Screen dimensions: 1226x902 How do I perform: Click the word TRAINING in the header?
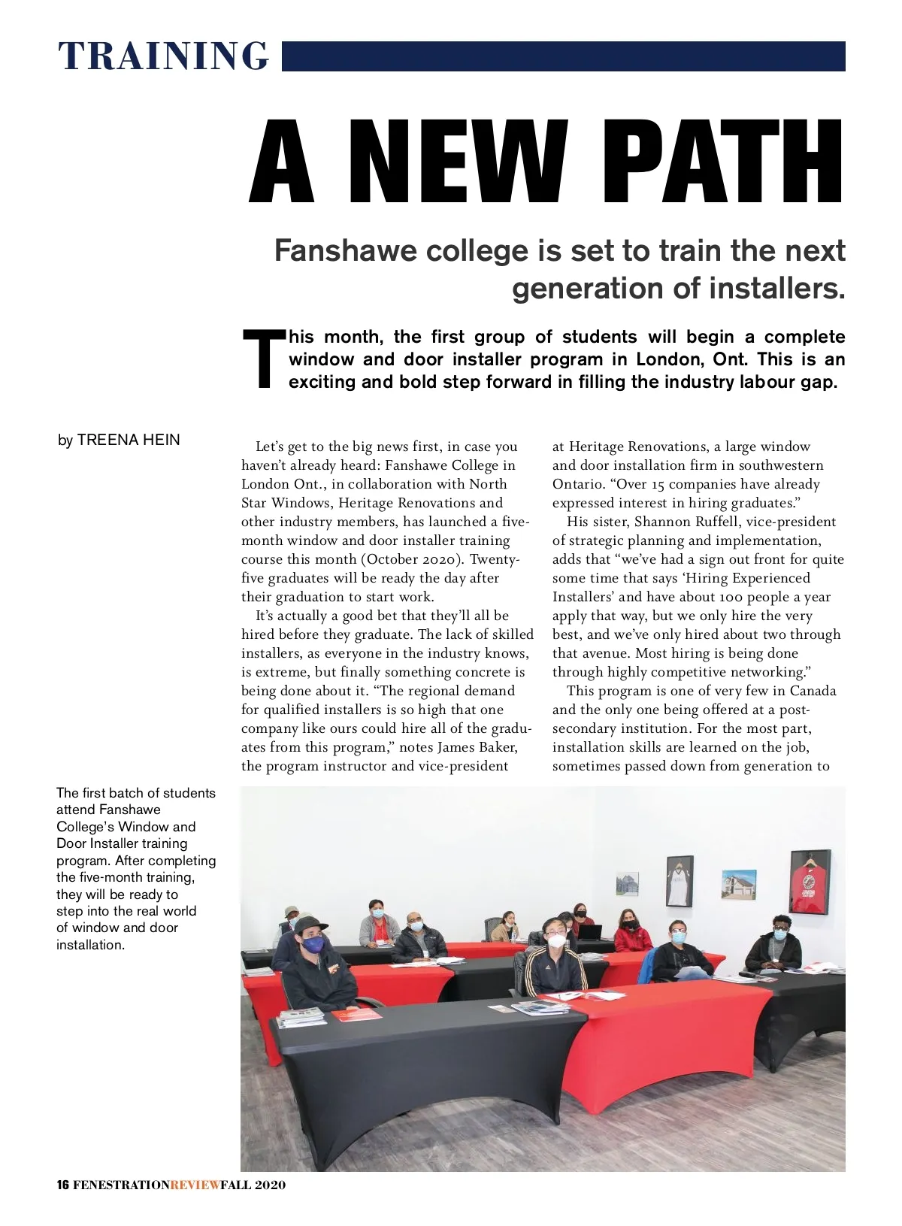point(163,56)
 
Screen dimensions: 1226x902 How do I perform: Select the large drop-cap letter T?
point(262,359)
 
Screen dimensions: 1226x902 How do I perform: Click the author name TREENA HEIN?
point(129,440)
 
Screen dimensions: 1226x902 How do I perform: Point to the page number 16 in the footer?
point(62,1185)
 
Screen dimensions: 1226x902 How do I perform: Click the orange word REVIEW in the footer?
point(195,1185)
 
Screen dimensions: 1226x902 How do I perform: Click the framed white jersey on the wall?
point(680,880)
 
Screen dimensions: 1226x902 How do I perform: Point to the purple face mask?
point(313,944)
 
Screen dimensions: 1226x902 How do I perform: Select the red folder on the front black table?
point(357,1015)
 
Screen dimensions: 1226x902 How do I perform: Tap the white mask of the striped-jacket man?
point(556,940)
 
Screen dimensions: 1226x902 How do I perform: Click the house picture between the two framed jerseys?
point(738,885)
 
